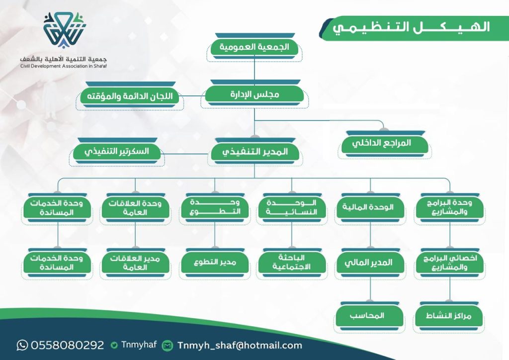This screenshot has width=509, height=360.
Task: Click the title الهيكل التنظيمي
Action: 411,27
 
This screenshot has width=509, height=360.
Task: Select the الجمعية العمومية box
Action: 254,48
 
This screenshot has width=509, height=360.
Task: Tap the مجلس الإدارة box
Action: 254,95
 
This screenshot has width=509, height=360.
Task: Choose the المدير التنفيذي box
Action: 255,152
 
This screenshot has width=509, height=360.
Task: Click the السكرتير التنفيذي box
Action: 117,152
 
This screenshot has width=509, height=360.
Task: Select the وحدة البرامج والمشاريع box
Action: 449,207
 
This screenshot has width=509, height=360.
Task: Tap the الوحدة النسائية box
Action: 291,207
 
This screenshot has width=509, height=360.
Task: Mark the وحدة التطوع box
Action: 215,207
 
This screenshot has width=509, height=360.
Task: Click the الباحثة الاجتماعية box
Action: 291,262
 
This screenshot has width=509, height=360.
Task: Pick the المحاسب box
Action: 369,316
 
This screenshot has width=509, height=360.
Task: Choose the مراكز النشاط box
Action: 449,316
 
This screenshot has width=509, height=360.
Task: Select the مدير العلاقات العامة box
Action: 135,262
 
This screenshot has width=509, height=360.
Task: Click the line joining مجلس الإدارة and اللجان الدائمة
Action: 192,96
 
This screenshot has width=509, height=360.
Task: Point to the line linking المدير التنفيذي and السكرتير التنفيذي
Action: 186,154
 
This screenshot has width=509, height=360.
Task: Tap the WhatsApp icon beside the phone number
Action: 22,345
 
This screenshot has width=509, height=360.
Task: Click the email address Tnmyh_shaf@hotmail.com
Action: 240,346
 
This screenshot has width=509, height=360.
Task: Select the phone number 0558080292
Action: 68,345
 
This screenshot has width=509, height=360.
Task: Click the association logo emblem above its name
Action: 64,30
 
